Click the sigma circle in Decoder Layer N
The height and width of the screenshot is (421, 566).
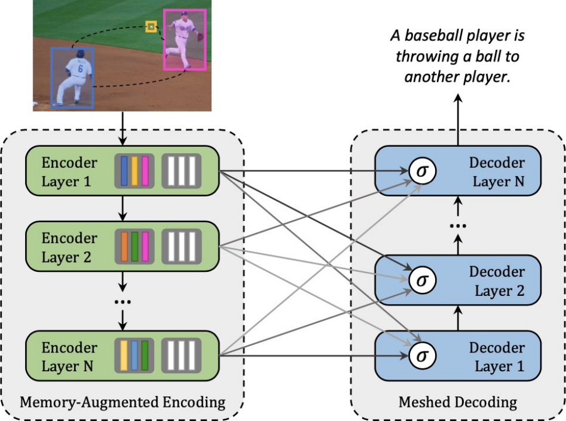tap(422, 171)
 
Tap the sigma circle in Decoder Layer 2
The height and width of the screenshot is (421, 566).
tap(422, 280)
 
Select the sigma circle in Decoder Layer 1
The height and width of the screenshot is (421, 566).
tap(422, 356)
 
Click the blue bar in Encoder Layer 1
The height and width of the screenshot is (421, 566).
tap(124, 171)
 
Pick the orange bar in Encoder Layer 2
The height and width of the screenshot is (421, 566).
tap(124, 246)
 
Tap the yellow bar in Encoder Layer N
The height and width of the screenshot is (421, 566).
tap(124, 356)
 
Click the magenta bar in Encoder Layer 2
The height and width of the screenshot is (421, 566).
tap(145, 246)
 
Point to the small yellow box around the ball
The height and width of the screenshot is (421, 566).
tap(151, 26)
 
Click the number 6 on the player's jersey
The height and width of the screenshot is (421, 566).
tap(80, 68)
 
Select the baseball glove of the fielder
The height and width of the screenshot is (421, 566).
tap(200, 36)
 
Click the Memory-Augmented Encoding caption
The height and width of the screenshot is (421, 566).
tap(122, 402)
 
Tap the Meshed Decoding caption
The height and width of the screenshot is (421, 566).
tap(458, 402)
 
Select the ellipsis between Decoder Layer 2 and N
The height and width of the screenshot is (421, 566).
tap(458, 226)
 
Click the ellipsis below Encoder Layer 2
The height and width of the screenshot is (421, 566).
tap(123, 301)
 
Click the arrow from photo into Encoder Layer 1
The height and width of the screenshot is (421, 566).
tap(123, 129)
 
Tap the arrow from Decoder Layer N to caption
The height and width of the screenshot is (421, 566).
tap(458, 120)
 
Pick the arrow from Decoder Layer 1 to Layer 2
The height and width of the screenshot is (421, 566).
tap(458, 318)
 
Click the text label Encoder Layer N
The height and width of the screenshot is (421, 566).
tap(69, 357)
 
